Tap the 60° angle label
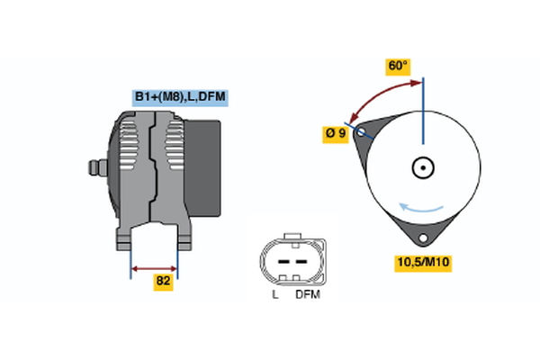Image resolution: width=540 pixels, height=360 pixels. click(x=397, y=67)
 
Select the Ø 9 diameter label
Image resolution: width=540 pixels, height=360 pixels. click(x=336, y=133)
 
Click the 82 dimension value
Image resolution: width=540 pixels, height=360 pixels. click(x=163, y=281)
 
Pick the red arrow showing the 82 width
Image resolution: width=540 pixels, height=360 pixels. click(x=154, y=267)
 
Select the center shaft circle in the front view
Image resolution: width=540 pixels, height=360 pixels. click(x=422, y=167)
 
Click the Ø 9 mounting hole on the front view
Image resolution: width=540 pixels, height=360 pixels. click(x=362, y=133)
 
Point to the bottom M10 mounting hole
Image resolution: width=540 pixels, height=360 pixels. click(x=421, y=238)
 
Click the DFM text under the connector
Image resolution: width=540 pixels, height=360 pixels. click(x=308, y=295)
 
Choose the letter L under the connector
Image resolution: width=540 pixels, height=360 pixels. click(x=274, y=295)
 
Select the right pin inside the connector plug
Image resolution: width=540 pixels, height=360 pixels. click(x=297, y=259)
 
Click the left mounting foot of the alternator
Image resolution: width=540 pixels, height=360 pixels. click(x=125, y=239)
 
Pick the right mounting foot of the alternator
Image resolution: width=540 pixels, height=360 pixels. click(x=184, y=239)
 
